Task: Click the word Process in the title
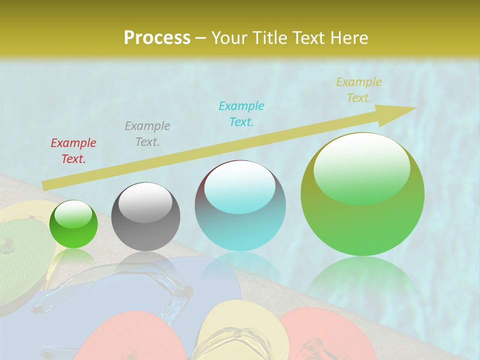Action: pyautogui.click(x=157, y=37)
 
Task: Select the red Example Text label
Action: pyautogui.click(x=73, y=151)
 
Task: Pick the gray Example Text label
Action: pyautogui.click(x=147, y=133)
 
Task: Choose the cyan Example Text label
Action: pyautogui.click(x=241, y=113)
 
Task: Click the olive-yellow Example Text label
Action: pyautogui.click(x=359, y=90)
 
